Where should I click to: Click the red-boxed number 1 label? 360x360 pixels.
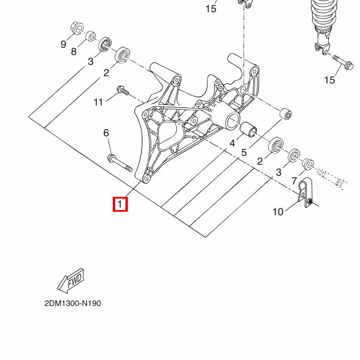click(120, 204)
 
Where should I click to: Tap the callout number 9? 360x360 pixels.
click(64, 44)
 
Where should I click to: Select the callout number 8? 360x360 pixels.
click(73, 52)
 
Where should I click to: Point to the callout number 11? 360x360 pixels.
click(98, 102)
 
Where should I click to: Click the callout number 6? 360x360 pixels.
click(106, 133)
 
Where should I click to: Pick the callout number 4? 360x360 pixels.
click(232, 143)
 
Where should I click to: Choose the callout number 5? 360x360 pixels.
click(244, 152)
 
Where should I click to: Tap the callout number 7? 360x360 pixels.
click(294, 181)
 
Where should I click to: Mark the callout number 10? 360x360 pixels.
click(278, 212)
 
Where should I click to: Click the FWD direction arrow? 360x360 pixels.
click(71, 281)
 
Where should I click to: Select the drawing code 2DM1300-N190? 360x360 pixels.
click(73, 303)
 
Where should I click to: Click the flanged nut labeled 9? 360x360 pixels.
click(77, 28)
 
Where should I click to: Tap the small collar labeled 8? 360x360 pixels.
click(91, 36)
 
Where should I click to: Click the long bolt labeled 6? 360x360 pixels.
click(120, 163)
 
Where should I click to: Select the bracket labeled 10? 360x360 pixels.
click(305, 192)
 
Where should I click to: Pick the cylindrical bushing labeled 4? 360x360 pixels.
click(248, 129)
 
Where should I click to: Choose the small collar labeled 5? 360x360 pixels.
click(286, 113)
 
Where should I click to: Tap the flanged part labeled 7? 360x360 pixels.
click(308, 164)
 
